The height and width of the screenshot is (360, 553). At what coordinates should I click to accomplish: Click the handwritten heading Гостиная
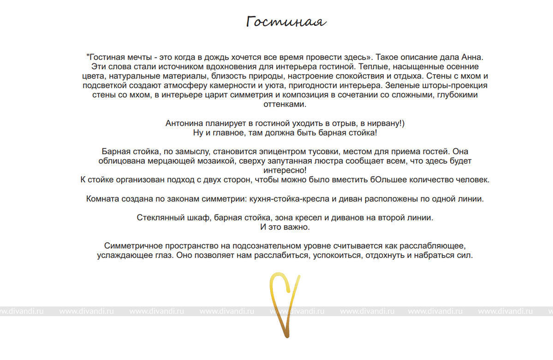(x=286, y=22)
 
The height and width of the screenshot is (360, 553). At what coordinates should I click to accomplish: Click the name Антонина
(x=184, y=123)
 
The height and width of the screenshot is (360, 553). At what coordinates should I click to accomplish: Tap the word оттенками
(x=284, y=104)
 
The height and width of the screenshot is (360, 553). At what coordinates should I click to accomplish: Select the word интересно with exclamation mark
(x=285, y=170)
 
